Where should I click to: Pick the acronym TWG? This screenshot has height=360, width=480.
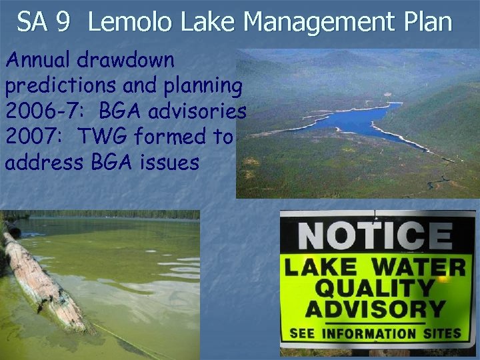click(106, 137)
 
